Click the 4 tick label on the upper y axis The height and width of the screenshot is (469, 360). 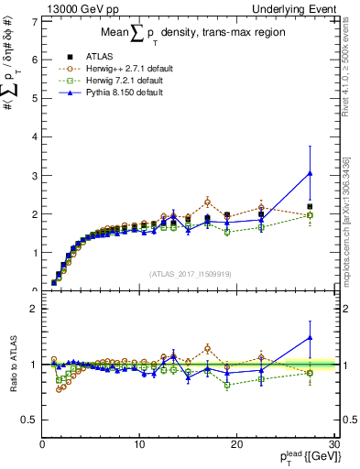tap(35, 137)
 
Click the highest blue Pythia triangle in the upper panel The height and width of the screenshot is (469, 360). tap(310, 172)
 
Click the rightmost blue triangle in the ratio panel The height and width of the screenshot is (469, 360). tap(310, 337)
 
